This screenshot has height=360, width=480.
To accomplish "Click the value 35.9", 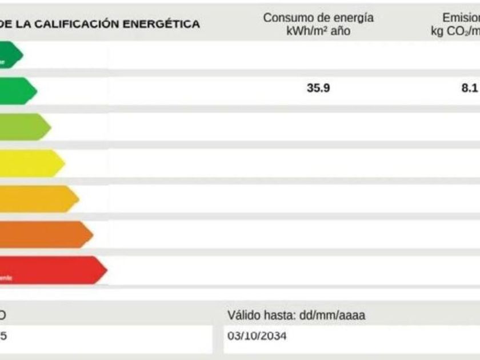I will point(318,89).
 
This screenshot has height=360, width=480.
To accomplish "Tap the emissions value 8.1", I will point(470,89).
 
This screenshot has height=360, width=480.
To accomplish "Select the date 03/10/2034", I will point(257,336).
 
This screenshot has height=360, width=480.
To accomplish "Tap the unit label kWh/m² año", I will point(318,31).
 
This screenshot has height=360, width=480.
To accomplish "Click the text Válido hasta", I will point(255,315).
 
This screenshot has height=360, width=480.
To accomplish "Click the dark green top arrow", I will point(10,55).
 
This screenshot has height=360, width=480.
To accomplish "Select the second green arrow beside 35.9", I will point(17,91).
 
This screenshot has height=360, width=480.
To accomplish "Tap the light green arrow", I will point(24,127).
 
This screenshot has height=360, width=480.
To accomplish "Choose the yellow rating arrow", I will point(31,163).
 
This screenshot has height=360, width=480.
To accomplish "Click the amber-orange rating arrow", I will point(38,199).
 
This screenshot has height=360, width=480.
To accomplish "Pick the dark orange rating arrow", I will point(45,234).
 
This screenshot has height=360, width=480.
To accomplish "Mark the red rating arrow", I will point(51,270).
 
